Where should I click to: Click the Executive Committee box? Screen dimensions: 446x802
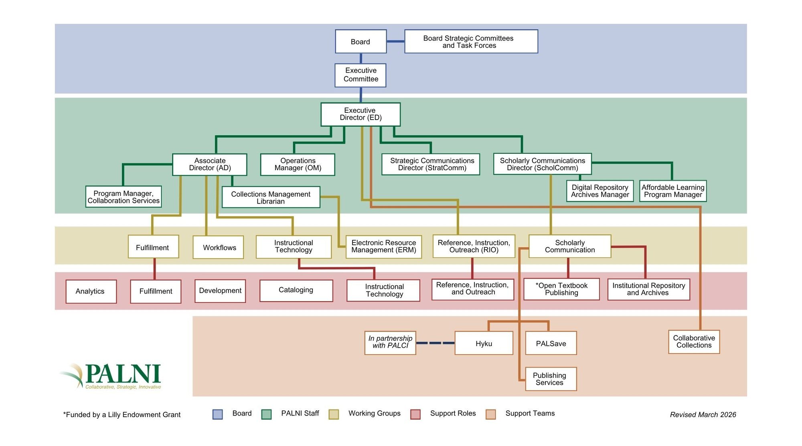(x=360, y=75)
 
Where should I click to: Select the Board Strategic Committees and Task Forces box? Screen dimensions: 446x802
(x=471, y=41)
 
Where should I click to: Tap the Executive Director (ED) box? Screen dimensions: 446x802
(x=360, y=114)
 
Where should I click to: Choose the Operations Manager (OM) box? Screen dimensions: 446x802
(x=298, y=165)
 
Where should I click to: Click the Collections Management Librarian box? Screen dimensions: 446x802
(x=271, y=197)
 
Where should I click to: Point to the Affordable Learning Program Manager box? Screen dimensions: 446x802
(x=672, y=191)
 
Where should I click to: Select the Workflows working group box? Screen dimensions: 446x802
(x=218, y=247)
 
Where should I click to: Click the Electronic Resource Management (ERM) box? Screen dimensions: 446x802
(x=383, y=246)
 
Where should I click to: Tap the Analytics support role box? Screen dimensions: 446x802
(x=91, y=291)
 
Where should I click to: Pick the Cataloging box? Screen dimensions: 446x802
(x=296, y=290)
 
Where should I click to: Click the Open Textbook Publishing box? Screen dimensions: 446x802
(x=561, y=289)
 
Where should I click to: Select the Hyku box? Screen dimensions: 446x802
(x=484, y=343)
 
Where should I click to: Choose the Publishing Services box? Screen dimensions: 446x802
(x=551, y=379)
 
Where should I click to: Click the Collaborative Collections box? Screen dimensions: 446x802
(x=694, y=342)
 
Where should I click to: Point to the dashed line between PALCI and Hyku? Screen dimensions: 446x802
(x=435, y=343)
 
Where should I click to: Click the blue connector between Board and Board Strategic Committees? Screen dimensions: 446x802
(x=395, y=41)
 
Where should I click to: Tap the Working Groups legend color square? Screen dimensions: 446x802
(x=334, y=414)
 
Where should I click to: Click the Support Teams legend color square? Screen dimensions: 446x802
(x=490, y=414)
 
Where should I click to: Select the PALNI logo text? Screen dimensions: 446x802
(x=122, y=374)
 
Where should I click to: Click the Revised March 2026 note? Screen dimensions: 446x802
(x=703, y=415)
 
